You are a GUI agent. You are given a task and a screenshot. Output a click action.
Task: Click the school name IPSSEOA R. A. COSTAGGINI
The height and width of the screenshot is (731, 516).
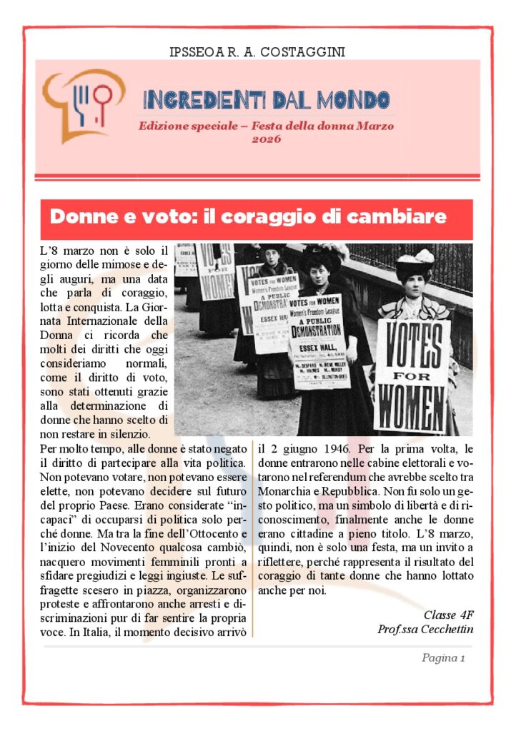pyautogui.click(x=259, y=52)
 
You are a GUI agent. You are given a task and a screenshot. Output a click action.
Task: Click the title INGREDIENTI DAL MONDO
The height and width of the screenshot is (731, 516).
pyautogui.click(x=266, y=99)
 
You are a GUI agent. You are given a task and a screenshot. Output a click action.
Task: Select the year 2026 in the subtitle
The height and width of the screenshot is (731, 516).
pyautogui.click(x=266, y=139)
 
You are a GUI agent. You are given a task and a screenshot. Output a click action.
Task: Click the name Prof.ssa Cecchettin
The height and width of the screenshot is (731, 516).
pyautogui.click(x=425, y=629)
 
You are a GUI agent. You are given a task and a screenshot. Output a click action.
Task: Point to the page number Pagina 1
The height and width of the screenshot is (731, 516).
pyautogui.click(x=443, y=658)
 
